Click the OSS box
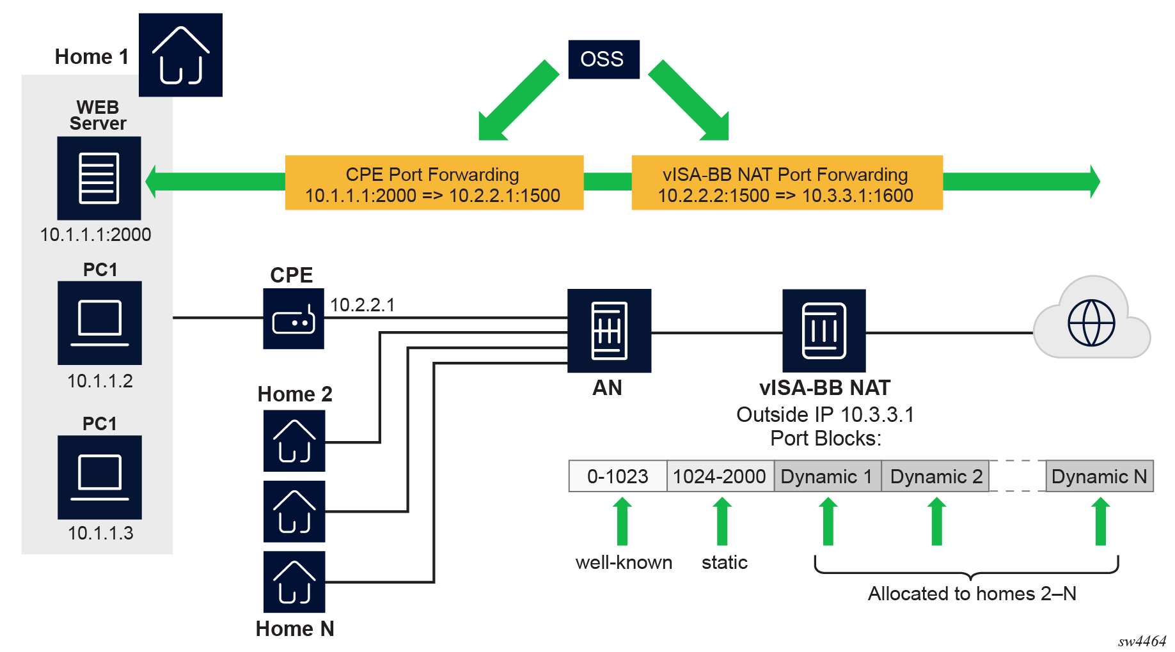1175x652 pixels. coord(603,59)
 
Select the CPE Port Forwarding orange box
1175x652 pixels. coord(434,183)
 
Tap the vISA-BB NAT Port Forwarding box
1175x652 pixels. coord(787,183)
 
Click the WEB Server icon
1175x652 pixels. coord(99,178)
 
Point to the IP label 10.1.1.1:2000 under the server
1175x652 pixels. coord(95,235)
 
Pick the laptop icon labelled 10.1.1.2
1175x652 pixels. coord(100,323)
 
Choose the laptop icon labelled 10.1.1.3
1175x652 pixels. coord(100,477)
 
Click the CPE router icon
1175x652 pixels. coord(294,319)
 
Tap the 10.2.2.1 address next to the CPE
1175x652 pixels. coord(362,305)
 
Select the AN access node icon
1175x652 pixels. coord(609,330)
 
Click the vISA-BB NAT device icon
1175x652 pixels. coord(824,330)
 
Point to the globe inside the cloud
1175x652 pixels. coord(1091,323)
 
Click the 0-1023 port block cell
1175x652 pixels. coord(617,476)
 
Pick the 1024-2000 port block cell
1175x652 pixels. coord(720,476)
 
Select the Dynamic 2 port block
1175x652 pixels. coord(935,476)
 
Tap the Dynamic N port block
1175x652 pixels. coord(1099,476)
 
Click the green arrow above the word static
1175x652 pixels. coord(722,522)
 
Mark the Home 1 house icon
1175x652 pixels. coord(180,55)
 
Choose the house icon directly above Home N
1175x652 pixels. coord(294,582)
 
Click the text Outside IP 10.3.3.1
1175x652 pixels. coord(824,415)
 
